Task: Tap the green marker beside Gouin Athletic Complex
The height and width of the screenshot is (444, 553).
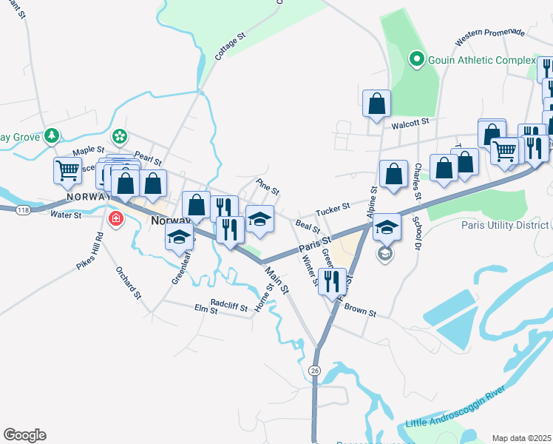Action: pyautogui.click(x=416, y=58)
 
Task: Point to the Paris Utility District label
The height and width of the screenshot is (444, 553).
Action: pyautogui.click(x=506, y=224)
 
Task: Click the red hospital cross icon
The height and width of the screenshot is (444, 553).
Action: pyautogui.click(x=115, y=218)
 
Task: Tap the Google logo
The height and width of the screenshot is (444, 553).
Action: pyautogui.click(x=24, y=435)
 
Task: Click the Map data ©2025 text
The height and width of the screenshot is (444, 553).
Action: pyautogui.click(x=521, y=438)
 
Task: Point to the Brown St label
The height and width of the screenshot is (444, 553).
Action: pyautogui.click(x=361, y=312)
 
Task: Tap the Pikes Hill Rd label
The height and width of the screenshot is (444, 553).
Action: pyautogui.click(x=89, y=251)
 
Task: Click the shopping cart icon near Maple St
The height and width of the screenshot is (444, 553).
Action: pyautogui.click(x=67, y=171)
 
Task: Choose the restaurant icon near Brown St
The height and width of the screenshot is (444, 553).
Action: pyautogui.click(x=332, y=280)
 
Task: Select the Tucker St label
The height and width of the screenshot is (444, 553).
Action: pyautogui.click(x=332, y=212)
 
